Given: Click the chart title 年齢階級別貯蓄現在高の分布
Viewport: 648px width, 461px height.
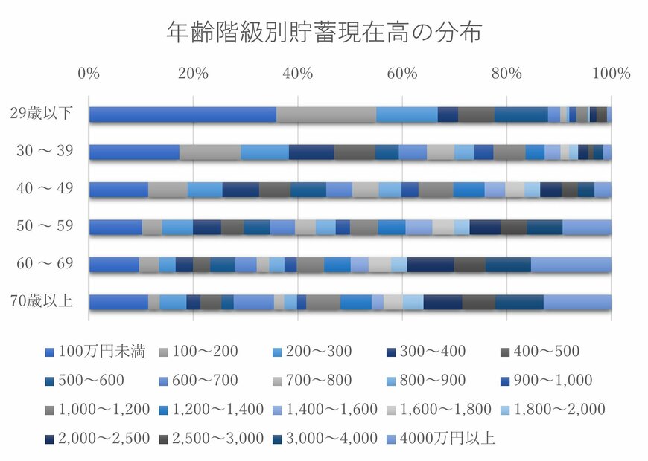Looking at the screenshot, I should point(324,33).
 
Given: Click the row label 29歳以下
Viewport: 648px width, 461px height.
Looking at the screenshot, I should point(42,114).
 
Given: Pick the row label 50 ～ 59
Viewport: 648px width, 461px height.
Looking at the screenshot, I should point(45,227).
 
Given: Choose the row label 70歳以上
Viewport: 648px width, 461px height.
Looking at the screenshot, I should point(42,302).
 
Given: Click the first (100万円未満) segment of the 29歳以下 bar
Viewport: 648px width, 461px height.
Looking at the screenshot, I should point(182,114).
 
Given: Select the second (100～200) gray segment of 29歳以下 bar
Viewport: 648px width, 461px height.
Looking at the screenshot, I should point(326,114).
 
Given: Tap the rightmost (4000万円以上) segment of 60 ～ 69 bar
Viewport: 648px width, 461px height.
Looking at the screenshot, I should point(571,265).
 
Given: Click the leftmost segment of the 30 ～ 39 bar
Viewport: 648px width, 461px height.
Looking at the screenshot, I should point(134,152).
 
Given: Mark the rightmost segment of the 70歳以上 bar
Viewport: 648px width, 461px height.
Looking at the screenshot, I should point(577,302).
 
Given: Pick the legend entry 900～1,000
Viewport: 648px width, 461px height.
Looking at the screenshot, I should point(548,381).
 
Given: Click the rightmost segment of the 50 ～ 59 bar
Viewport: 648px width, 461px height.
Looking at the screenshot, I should point(586,227).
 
